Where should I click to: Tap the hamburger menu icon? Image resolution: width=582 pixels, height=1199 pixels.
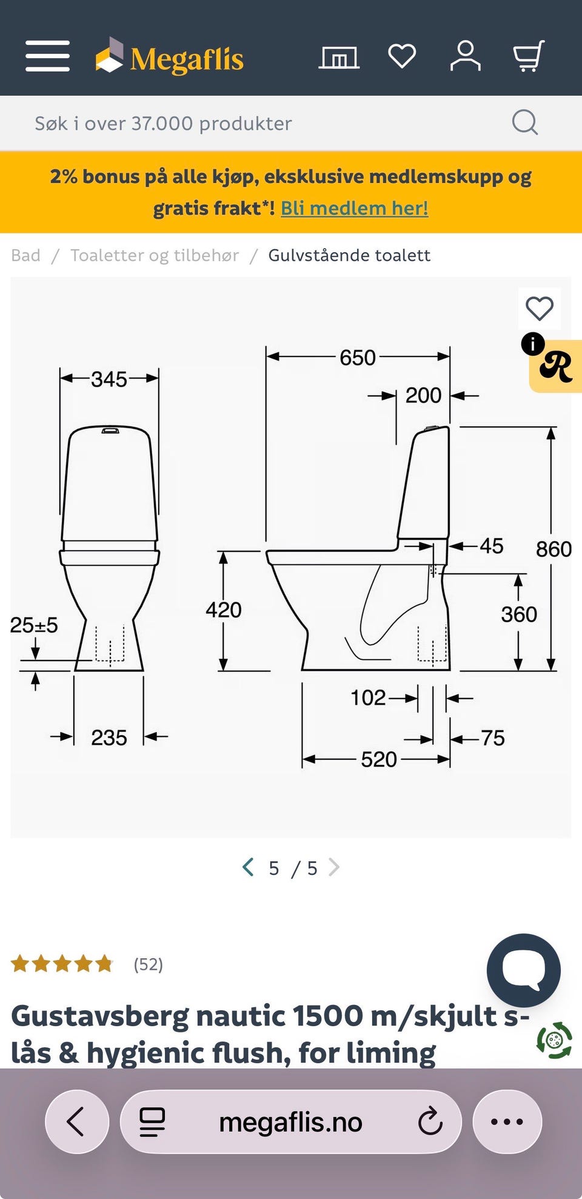[47, 56]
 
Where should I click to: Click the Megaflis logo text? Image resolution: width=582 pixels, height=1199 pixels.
[187, 59]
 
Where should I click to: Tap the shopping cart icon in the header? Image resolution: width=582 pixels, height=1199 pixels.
[529, 56]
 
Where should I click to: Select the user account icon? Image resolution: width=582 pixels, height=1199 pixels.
[465, 56]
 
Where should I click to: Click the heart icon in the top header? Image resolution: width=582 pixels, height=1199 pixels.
[402, 56]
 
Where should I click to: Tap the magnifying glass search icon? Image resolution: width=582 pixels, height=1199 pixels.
[525, 123]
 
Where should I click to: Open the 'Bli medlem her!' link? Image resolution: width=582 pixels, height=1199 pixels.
[355, 208]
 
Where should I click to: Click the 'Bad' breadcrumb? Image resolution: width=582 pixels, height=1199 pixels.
[25, 255]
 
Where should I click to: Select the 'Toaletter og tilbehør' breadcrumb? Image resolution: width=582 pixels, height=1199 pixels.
[155, 255]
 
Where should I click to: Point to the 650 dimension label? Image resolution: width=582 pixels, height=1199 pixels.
[358, 358]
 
